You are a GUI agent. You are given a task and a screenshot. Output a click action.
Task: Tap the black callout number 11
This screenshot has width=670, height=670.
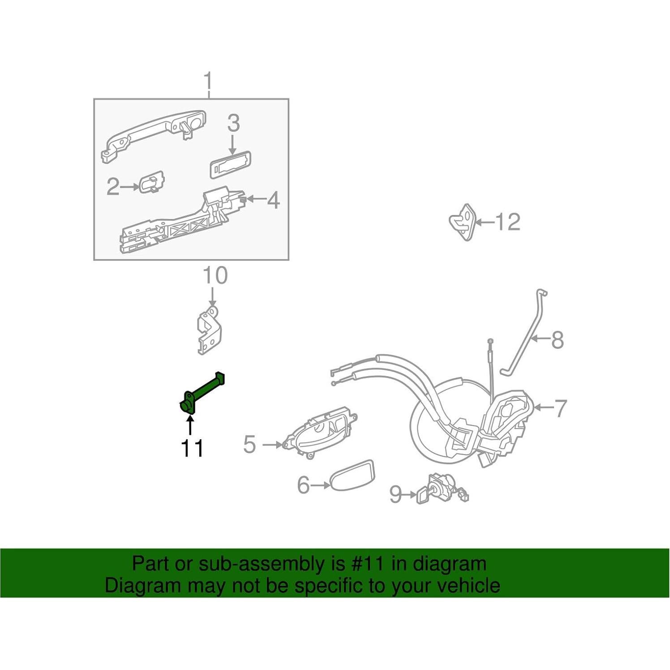click(192, 448)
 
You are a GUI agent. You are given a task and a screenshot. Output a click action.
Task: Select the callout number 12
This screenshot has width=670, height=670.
click(507, 222)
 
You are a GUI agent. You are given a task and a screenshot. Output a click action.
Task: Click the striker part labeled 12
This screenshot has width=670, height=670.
click(464, 222)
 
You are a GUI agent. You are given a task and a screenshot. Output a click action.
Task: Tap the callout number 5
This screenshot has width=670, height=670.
click(249, 444)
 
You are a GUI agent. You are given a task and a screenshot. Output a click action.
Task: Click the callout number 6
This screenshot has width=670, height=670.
click(304, 485)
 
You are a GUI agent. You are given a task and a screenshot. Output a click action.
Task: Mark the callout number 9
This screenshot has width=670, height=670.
click(395, 494)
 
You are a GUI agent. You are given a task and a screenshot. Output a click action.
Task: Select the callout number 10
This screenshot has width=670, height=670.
click(215, 276)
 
